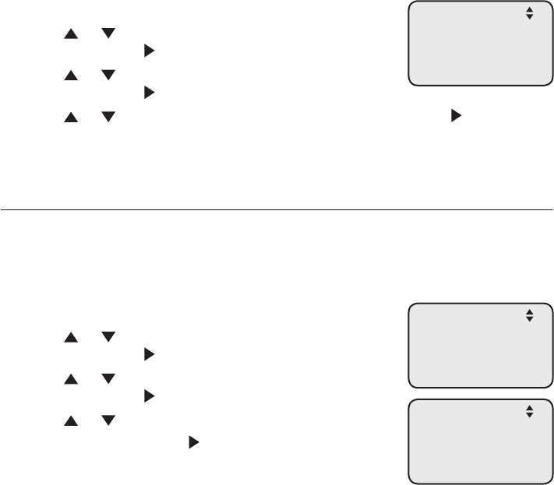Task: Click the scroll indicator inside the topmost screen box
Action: [x=529, y=13]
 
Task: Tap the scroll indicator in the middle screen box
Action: [x=529, y=315]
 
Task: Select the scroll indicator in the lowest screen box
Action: [x=529, y=412]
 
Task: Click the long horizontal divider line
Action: [x=277, y=209]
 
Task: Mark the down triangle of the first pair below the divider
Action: [x=108, y=337]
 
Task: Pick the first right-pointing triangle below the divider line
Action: [x=148, y=354]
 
